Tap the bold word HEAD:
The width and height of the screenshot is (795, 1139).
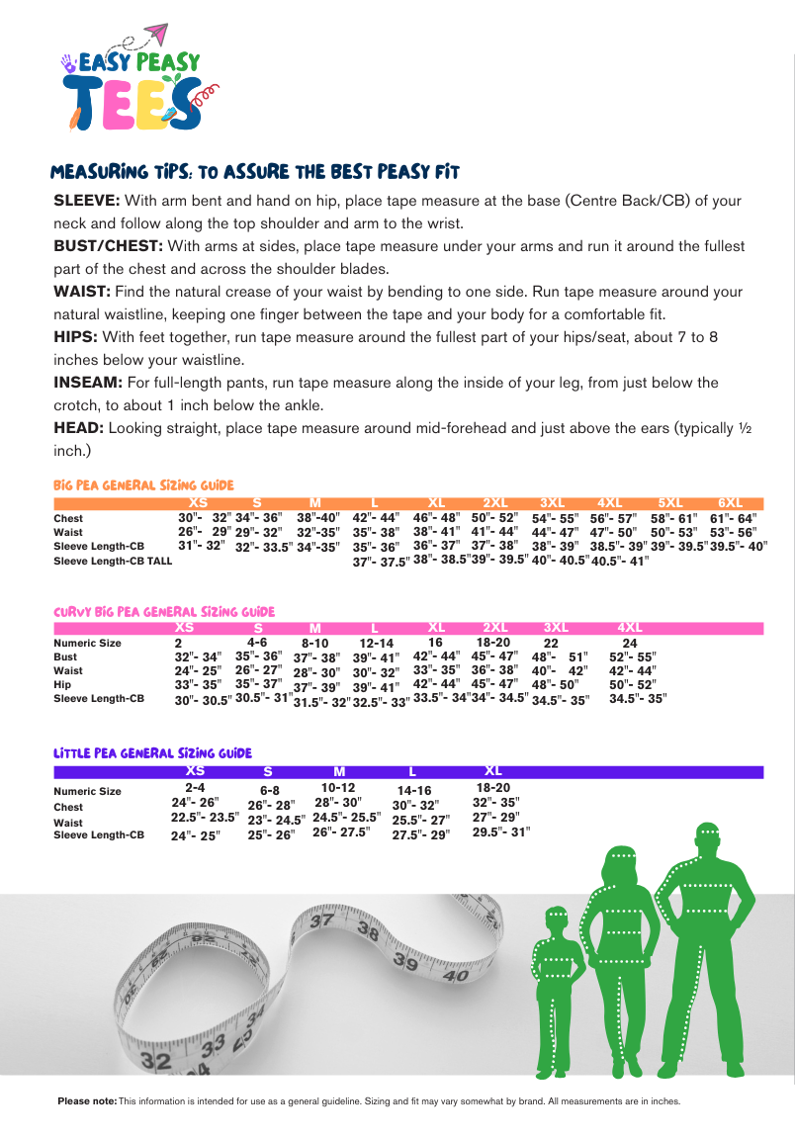click(78, 428)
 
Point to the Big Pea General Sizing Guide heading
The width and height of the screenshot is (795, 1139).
click(143, 485)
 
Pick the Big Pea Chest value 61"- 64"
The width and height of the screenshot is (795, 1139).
click(732, 518)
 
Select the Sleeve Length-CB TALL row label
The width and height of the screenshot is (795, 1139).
click(113, 562)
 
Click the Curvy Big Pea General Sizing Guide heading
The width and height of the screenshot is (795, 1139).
click(164, 612)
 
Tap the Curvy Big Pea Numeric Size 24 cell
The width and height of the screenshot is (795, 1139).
click(630, 644)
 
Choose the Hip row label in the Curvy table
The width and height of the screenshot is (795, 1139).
click(62, 684)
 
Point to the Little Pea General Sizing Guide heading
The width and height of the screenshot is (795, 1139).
click(152, 753)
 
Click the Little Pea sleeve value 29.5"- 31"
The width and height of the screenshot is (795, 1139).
click(500, 832)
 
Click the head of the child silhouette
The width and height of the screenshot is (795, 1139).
click(557, 920)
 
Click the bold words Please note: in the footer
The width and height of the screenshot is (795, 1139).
click(87, 1101)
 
